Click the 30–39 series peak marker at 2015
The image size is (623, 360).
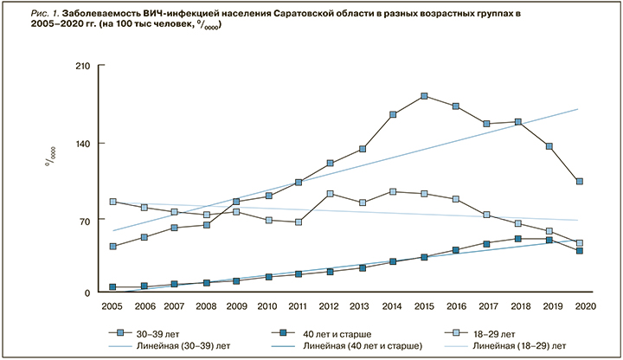(x=424, y=96)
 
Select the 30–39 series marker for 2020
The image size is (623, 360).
(x=579, y=181)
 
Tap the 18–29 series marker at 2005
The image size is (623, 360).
(x=113, y=202)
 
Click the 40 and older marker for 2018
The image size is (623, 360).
(x=517, y=239)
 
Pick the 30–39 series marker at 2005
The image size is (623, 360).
(x=113, y=247)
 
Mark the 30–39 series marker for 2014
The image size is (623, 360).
(x=393, y=114)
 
